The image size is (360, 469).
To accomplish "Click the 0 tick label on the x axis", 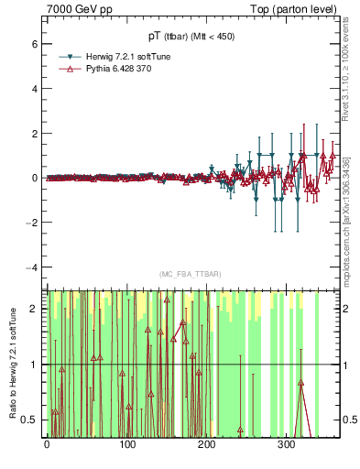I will pyautogui.click(x=47, y=444).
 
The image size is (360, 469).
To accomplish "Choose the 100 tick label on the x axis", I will pyautogui.click(x=126, y=444).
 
